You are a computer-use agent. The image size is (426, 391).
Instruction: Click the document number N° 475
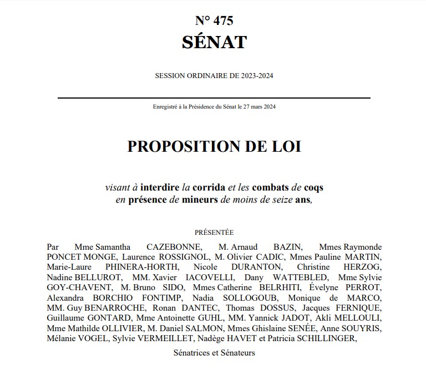(x=214, y=21)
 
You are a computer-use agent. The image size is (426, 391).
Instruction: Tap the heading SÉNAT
(x=214, y=42)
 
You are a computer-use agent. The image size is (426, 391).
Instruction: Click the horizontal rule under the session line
(x=214, y=98)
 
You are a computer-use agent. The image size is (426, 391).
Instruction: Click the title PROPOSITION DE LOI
(x=214, y=146)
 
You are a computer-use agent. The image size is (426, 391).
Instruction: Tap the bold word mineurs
(x=200, y=200)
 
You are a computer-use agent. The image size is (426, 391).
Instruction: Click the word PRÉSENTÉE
(x=214, y=233)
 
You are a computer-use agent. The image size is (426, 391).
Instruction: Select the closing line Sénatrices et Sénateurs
(x=214, y=352)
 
